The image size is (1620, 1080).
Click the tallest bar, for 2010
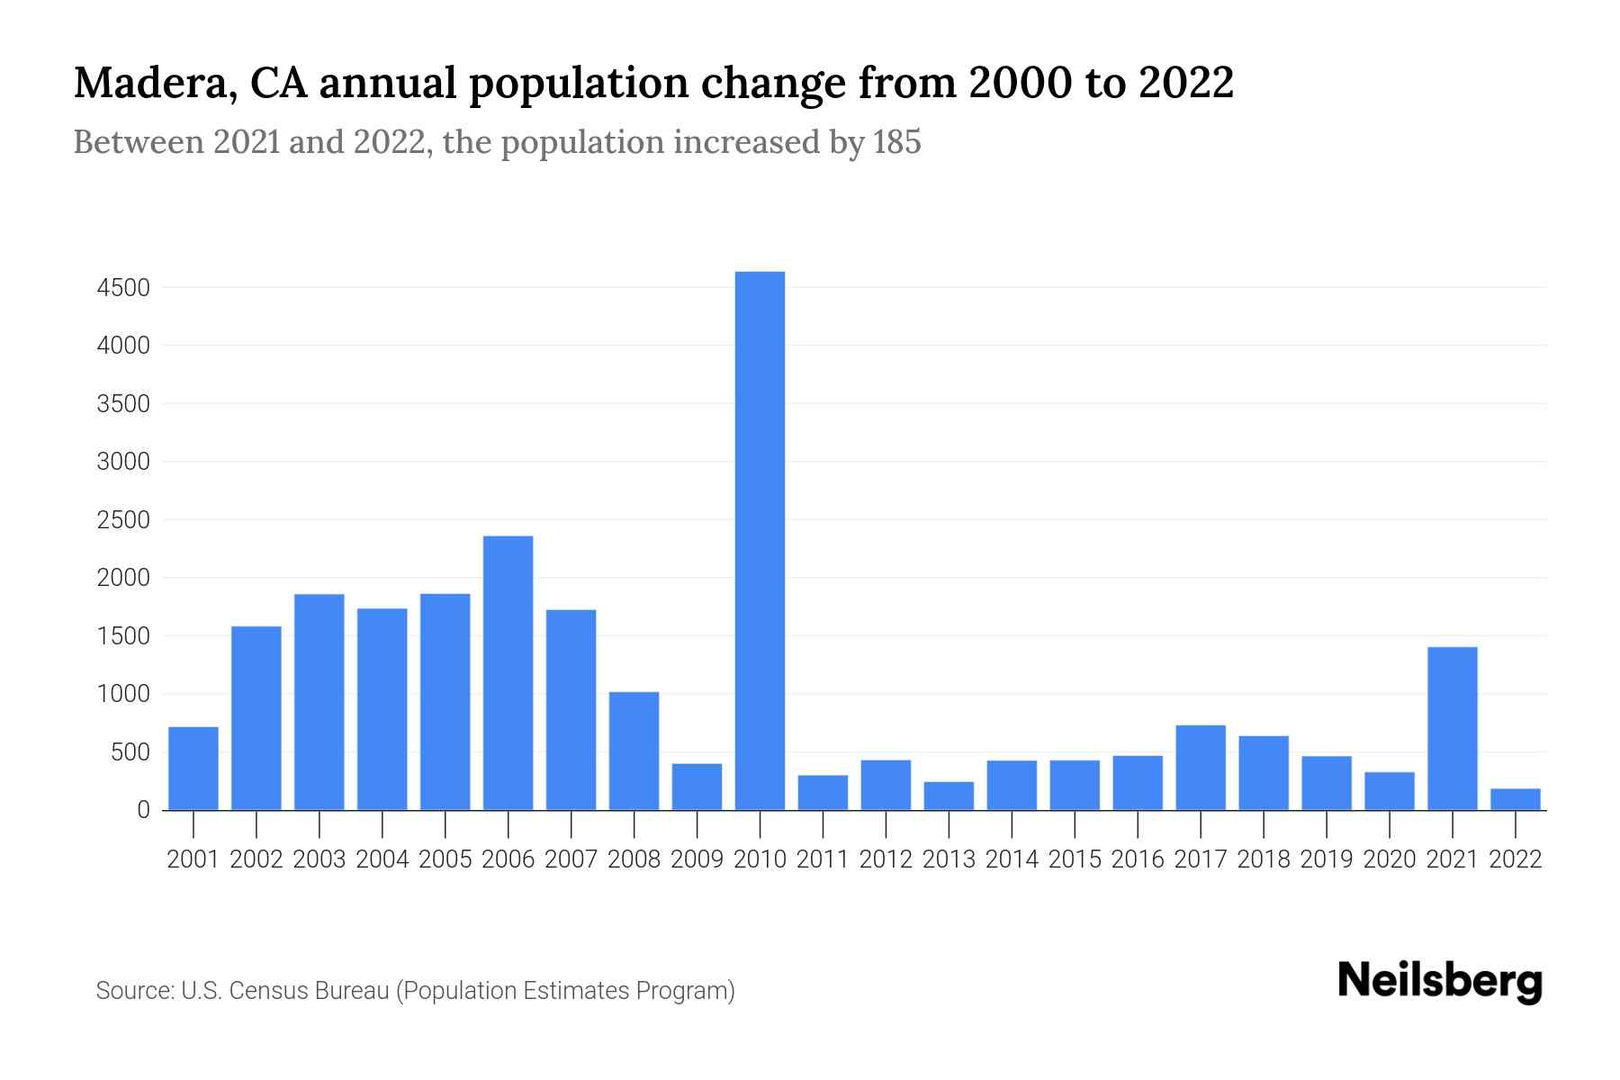[760, 540]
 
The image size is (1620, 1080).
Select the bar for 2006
[508, 673]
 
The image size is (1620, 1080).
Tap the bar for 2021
[1452, 728]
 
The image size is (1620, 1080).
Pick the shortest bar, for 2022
[1515, 799]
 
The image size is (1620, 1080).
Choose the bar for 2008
[634, 751]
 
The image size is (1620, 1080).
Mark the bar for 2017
[1200, 767]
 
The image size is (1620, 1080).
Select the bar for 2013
[949, 796]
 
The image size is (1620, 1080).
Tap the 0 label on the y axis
[143, 810]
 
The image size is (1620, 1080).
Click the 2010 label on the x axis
[760, 859]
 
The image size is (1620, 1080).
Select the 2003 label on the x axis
[319, 859]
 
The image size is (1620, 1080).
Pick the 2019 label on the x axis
[1326, 859]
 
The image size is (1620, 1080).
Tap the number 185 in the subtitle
[896, 142]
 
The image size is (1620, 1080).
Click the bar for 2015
[1075, 785]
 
